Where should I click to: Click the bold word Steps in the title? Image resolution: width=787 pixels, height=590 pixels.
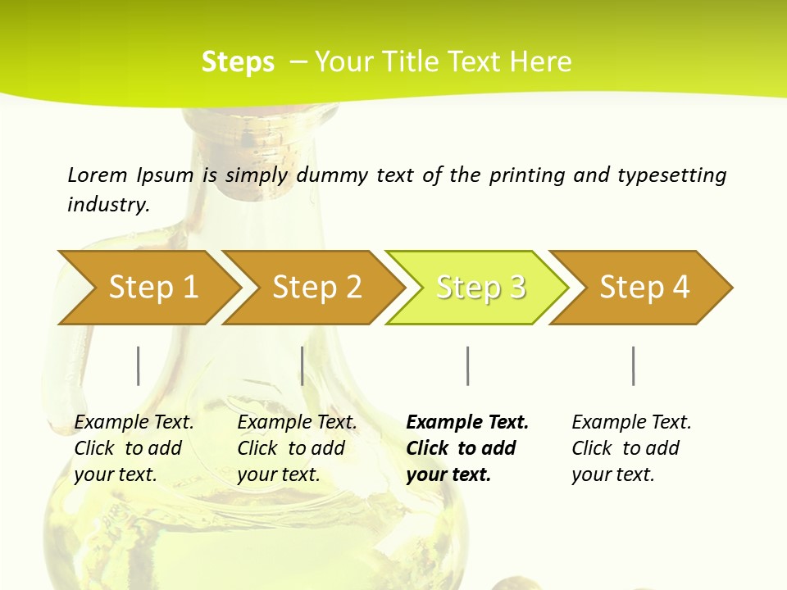(x=238, y=62)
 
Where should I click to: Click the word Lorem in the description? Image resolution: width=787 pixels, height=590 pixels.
(x=98, y=175)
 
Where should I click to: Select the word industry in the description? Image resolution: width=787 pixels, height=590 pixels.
(x=107, y=205)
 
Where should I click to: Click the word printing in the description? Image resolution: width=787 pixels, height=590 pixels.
(x=527, y=175)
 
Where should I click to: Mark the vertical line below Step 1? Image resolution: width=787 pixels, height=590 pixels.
(x=139, y=365)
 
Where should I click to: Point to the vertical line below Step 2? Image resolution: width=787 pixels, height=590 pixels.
(x=303, y=365)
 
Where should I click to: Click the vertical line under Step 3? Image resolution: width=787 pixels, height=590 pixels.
(x=468, y=365)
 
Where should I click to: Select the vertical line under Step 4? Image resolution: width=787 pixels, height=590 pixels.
(x=634, y=365)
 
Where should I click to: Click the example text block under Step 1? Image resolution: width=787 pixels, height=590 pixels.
(x=134, y=448)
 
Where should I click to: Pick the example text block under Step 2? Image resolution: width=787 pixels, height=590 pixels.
(x=297, y=448)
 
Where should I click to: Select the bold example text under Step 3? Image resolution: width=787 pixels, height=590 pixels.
(x=467, y=448)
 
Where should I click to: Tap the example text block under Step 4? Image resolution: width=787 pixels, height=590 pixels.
(x=631, y=448)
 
